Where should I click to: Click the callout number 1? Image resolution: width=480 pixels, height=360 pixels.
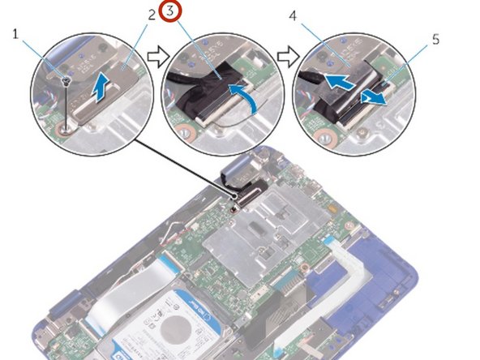(15, 33)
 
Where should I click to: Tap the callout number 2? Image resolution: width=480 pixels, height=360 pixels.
(152, 15)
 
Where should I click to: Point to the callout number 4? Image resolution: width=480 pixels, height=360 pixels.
(315, 15)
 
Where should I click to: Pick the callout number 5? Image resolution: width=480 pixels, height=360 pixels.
(436, 38)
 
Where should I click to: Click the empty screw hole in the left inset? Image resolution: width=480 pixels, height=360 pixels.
(66, 126)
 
